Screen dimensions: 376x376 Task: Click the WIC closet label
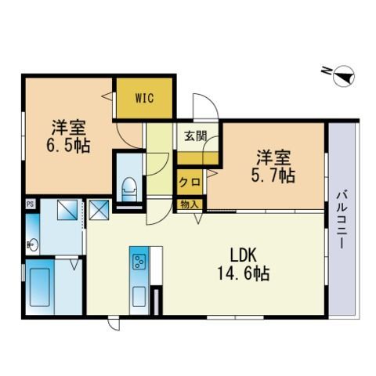click(x=144, y=98)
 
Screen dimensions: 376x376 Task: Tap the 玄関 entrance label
click(x=196, y=136)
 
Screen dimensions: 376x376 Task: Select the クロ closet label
click(x=190, y=182)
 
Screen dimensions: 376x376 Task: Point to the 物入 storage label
click(x=190, y=204)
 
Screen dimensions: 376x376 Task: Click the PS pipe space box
click(x=31, y=204)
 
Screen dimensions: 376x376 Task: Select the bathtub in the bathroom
click(x=40, y=287)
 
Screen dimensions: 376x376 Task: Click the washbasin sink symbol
click(x=33, y=244)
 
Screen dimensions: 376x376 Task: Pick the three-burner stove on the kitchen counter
click(x=139, y=262)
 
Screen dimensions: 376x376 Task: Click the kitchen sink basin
click(x=139, y=297)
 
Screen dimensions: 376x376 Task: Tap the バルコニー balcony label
click(x=342, y=220)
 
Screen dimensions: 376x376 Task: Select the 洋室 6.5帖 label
click(x=68, y=136)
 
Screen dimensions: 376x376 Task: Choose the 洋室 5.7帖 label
click(x=273, y=166)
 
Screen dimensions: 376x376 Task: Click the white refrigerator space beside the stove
click(x=156, y=265)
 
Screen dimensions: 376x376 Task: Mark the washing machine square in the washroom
click(x=67, y=210)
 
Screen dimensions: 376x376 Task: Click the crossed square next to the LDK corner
click(x=99, y=210)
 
